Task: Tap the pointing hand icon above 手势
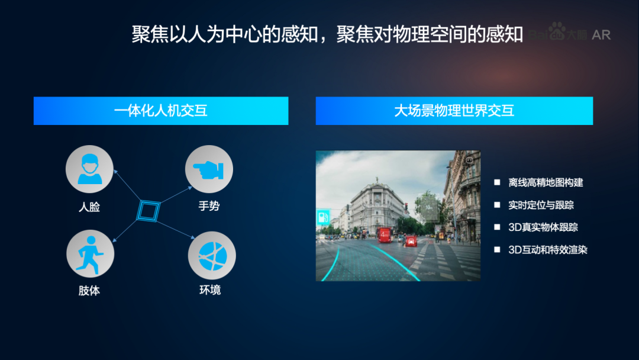point(209,169)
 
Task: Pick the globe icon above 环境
point(212,255)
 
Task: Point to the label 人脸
point(89,207)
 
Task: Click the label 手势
point(209,206)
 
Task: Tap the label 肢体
point(89,291)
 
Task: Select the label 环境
point(210,290)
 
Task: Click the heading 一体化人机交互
point(160,111)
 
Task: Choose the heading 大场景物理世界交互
point(454,111)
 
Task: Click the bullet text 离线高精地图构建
point(546,182)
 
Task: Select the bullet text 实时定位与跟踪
point(541,205)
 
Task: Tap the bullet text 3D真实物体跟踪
point(543,227)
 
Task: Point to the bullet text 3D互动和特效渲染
point(547,250)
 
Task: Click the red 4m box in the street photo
point(384,234)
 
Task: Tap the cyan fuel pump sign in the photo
point(322,217)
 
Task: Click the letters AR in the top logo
point(601,35)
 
